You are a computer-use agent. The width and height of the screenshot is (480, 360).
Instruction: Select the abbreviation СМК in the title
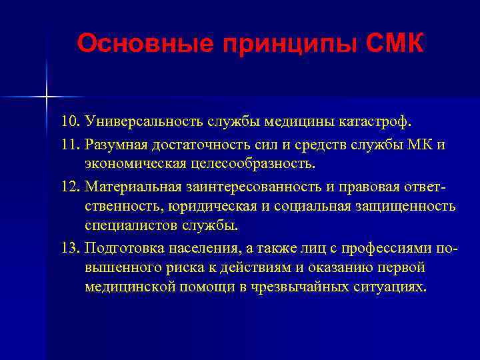point(395,44)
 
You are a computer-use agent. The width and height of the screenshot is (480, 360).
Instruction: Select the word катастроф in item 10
point(378,123)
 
